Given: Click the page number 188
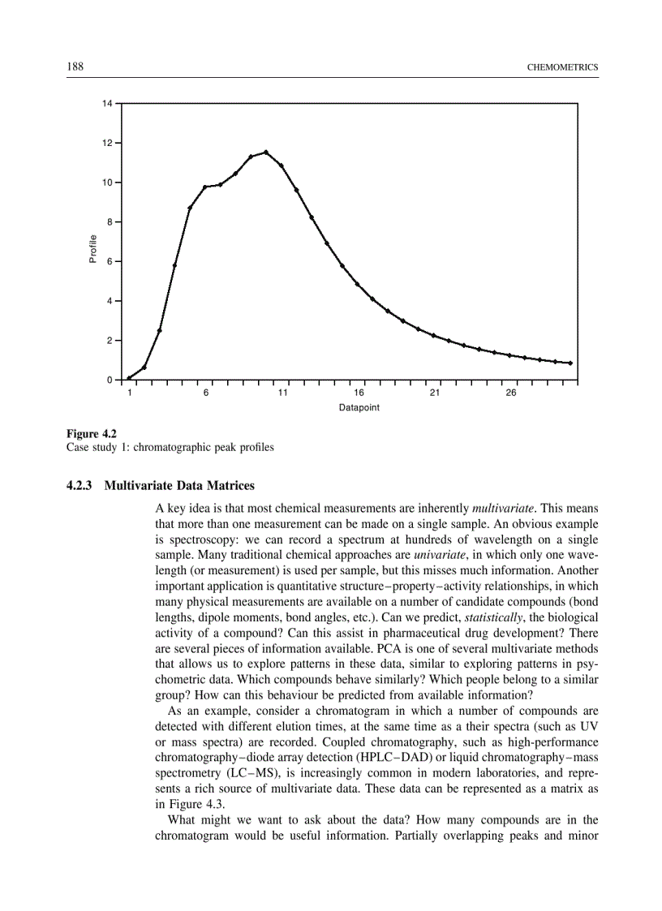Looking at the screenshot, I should [x=75, y=66].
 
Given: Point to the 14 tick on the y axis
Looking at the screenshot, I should [x=107, y=104].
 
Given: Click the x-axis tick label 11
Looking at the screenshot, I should [x=282, y=393].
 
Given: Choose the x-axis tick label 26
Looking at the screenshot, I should [x=510, y=393].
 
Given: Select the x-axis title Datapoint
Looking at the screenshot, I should [x=359, y=407].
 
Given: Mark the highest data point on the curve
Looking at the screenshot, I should [x=266, y=152].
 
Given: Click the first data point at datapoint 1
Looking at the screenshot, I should [x=129, y=378].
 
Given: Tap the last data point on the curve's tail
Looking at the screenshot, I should [x=570, y=363].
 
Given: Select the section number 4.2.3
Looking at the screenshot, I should [x=81, y=486].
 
